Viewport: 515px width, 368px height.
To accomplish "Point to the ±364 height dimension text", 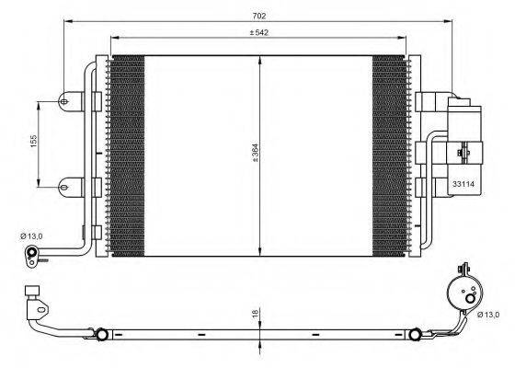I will (255, 154).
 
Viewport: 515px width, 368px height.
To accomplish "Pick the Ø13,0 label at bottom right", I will (488, 315).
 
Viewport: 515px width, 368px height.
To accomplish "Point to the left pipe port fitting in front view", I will (34, 254).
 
